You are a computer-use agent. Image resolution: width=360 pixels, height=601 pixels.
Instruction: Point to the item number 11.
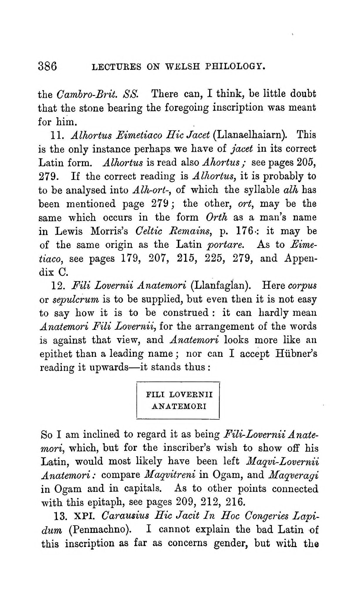pyautogui.click(x=55, y=136)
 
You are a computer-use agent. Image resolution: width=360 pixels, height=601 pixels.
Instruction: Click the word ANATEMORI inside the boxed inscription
pyautogui.click(x=179, y=407)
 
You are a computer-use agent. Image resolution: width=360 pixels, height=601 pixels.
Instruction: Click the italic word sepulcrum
pyautogui.click(x=76, y=300)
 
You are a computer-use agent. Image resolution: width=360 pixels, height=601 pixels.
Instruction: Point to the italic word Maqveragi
pyautogui.click(x=293, y=475)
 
